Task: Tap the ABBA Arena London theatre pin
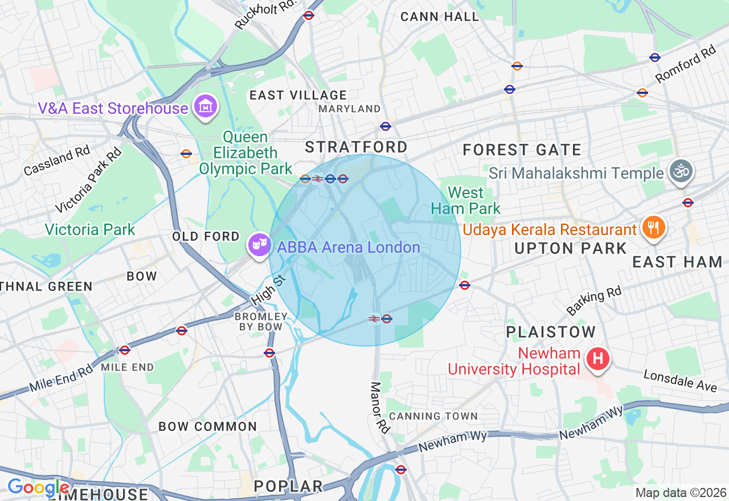[x=259, y=245]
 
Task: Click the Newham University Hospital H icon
[x=598, y=359]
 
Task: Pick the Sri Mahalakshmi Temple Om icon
[x=681, y=171]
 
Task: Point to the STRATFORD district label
[x=357, y=147]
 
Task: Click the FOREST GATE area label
[x=522, y=150]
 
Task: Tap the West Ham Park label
[x=465, y=200]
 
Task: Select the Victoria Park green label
[x=90, y=229]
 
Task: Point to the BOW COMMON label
[x=208, y=426]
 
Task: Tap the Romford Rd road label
[x=685, y=63]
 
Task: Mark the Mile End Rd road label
[x=61, y=378]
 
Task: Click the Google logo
[x=38, y=488]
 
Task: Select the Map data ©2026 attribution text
[x=681, y=492]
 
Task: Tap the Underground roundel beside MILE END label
[x=125, y=350]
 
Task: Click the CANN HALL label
[x=440, y=17]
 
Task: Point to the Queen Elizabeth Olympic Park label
[x=245, y=153]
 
